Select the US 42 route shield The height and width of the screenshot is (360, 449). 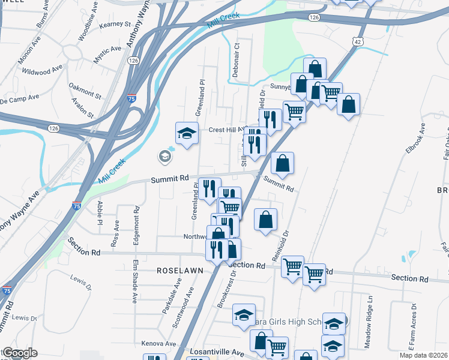[x=358, y=41]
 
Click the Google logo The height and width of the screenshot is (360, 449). [x=20, y=353]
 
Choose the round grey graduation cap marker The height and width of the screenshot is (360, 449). [x=164, y=157]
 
